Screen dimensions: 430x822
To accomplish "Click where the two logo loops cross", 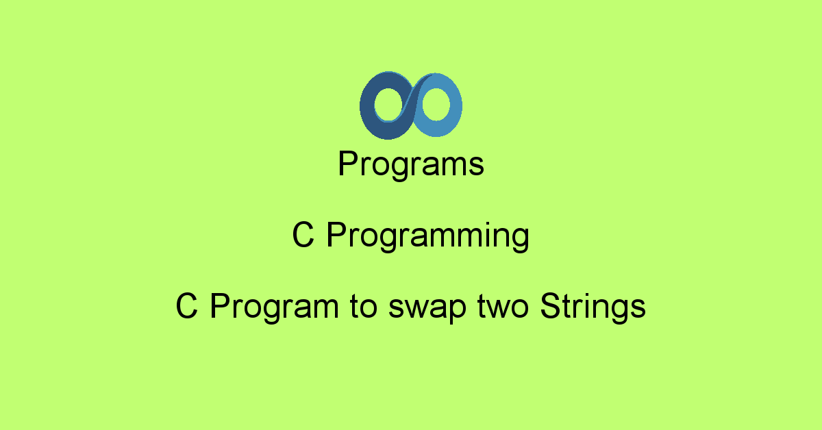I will coord(411,105).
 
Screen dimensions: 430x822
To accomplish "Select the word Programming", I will coord(427,237).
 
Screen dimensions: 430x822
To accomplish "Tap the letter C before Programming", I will coord(303,236).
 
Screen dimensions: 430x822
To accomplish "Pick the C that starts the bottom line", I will coord(186,307).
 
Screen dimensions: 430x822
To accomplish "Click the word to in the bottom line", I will coord(356,307).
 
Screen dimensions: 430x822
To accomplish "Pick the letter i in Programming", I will coord(482,236).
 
